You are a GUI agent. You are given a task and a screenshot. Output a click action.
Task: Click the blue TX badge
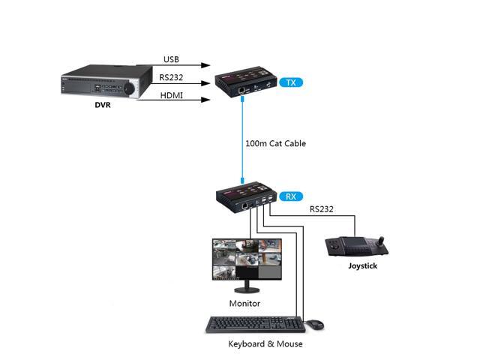pos(290,82)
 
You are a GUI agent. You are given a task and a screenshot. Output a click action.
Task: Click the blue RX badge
pos(290,197)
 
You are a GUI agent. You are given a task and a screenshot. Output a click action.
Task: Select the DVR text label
pos(103,105)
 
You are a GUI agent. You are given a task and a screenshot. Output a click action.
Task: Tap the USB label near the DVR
pos(172,60)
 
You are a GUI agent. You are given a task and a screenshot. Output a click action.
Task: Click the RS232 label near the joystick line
pos(322,211)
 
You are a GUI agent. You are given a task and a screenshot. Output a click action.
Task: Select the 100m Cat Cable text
pos(275,143)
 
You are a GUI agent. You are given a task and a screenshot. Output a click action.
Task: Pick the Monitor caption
pos(244,303)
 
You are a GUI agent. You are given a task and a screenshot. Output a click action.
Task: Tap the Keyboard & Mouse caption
pos(265,343)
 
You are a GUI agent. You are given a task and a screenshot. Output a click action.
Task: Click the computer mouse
pos(315,324)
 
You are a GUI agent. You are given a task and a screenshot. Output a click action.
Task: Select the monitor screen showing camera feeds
pos(246,259)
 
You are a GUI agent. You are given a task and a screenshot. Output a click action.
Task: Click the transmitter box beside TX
pos(245,84)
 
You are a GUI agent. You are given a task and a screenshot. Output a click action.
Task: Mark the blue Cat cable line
pos(243,142)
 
